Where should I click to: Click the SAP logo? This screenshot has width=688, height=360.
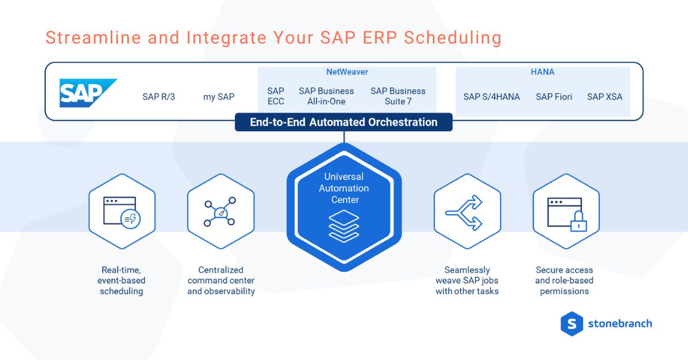[x=88, y=93]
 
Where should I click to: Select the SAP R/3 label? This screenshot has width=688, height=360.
[x=159, y=97]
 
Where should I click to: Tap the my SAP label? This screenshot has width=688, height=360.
[x=218, y=97]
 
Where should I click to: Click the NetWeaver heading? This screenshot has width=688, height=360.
[x=347, y=72]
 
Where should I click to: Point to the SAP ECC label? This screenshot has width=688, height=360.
[x=276, y=96]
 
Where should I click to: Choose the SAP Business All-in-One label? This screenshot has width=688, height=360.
[x=326, y=96]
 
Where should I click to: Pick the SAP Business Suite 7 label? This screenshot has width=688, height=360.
[x=398, y=96]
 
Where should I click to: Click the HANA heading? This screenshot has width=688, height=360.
[x=542, y=72]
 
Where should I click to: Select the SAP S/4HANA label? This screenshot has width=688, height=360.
[x=491, y=97]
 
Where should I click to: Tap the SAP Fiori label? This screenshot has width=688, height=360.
[x=554, y=97]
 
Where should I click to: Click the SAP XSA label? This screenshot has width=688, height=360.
[x=604, y=97]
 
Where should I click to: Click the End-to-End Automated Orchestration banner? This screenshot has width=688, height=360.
[x=343, y=122]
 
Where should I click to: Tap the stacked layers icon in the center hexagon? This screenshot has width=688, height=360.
[x=344, y=226]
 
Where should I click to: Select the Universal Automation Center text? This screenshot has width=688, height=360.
[x=344, y=188]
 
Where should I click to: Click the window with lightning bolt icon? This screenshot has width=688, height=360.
[x=122, y=211]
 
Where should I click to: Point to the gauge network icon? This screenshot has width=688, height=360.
[x=221, y=211]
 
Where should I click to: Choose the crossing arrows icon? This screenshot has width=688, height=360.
[x=466, y=211]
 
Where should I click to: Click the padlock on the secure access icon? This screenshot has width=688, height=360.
[x=578, y=222]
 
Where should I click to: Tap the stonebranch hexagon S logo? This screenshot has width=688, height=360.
[x=571, y=323]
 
